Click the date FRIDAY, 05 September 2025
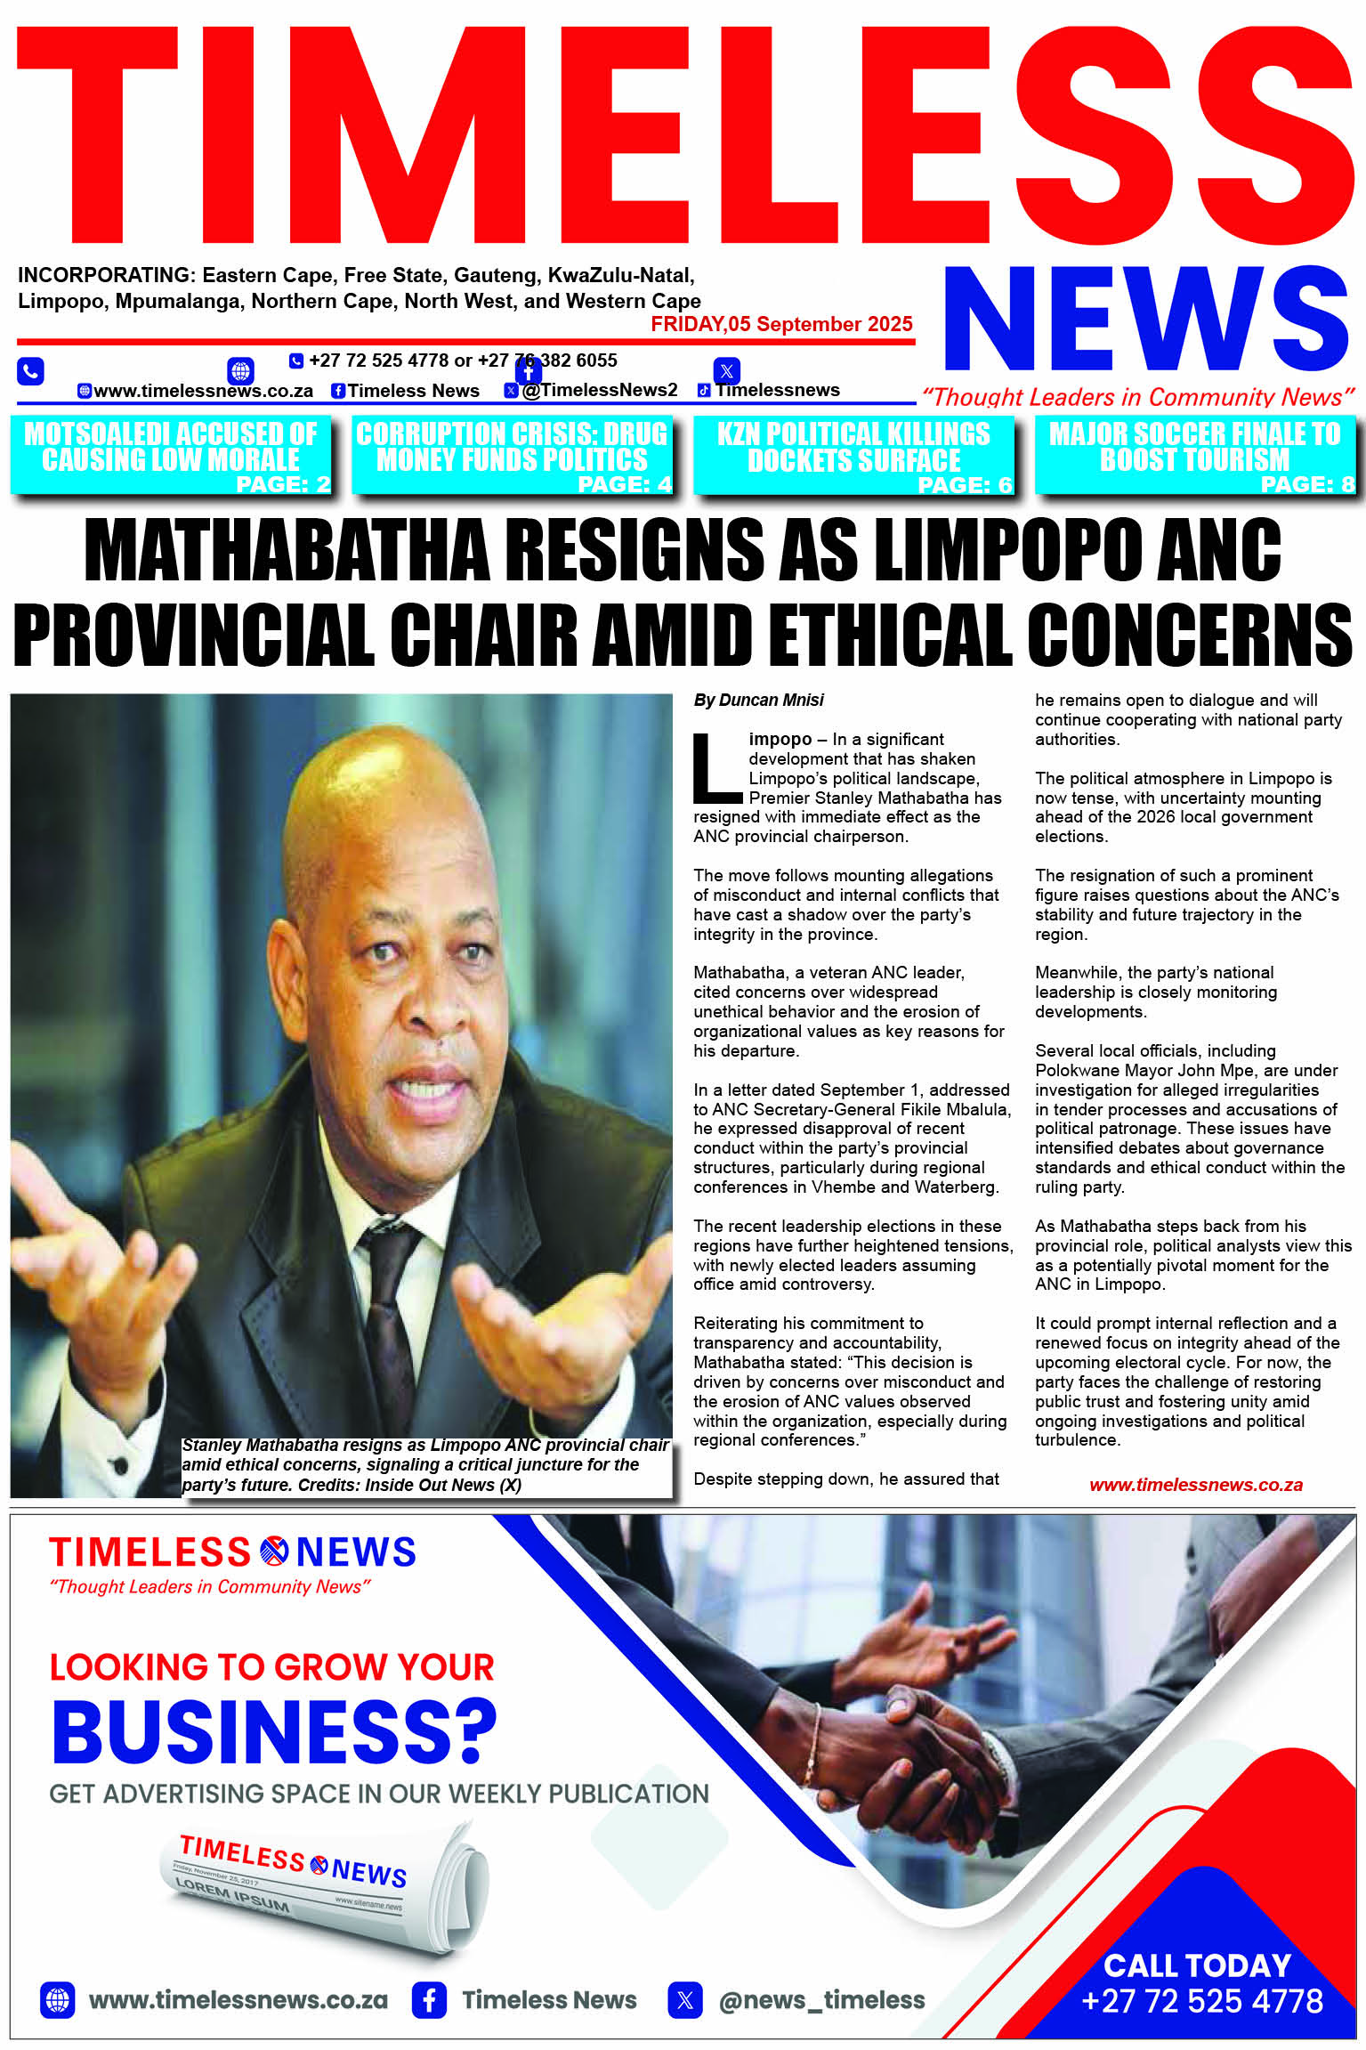781,324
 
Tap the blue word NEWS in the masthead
1146,320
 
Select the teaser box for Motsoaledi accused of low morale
171,455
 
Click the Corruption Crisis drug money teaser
512,455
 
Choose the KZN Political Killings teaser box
853,455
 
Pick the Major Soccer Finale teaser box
1195,455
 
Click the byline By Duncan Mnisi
758,701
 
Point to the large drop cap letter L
716,767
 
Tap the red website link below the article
1195,1485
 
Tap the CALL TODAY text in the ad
1197,1965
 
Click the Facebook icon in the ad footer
429,2000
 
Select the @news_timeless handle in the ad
821,2000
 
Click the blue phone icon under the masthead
30,370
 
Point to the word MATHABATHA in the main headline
287,549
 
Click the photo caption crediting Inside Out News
425,1464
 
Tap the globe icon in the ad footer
58,2000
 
